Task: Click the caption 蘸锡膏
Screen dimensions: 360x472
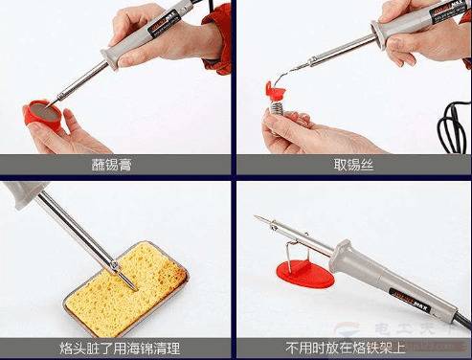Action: tap(117, 164)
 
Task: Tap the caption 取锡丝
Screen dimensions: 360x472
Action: tap(353, 164)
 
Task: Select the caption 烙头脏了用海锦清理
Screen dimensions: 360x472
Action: tap(117, 348)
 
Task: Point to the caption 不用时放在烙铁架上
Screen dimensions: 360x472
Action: tap(353, 348)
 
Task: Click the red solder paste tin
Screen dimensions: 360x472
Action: tap(43, 117)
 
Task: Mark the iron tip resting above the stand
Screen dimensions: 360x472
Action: tap(262, 221)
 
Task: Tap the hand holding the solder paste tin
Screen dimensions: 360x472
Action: tap(57, 134)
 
